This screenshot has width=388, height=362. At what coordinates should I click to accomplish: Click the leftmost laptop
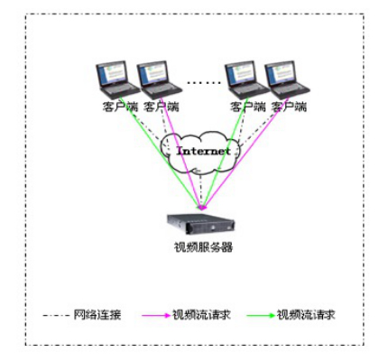pyautogui.click(x=117, y=79)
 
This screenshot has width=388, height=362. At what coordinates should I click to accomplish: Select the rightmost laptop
pyautogui.click(x=287, y=79)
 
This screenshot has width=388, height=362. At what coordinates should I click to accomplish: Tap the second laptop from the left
pyautogui.click(x=159, y=79)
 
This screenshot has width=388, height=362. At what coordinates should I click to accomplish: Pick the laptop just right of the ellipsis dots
pyautogui.click(x=246, y=79)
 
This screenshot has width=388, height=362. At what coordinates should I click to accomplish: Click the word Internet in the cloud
pyautogui.click(x=203, y=151)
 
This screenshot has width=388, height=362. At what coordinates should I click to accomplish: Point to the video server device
pyautogui.click(x=201, y=224)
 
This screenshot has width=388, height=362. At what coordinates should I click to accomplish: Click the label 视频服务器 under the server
pyautogui.click(x=203, y=247)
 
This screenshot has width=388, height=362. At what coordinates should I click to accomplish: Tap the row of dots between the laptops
pyautogui.click(x=204, y=82)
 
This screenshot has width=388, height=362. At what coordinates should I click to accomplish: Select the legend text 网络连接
pyautogui.click(x=97, y=315)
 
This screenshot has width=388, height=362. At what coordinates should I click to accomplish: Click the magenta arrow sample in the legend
pyautogui.click(x=156, y=315)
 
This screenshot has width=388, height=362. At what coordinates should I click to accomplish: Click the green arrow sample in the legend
pyautogui.click(x=261, y=315)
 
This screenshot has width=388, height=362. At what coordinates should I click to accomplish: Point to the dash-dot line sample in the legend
pyautogui.click(x=56, y=316)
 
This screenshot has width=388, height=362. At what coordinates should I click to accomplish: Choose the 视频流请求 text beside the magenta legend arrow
pyautogui.click(x=201, y=315)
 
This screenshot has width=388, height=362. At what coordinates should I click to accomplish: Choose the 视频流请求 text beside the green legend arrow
pyautogui.click(x=306, y=315)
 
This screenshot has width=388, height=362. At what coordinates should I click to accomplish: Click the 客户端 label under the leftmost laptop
pyautogui.click(x=120, y=107)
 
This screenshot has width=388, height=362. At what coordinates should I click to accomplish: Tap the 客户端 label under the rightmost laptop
pyautogui.click(x=289, y=107)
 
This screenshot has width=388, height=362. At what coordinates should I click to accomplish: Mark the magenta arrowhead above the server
pyautogui.click(x=203, y=208)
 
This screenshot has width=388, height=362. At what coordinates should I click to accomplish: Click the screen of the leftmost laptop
pyautogui.click(x=112, y=73)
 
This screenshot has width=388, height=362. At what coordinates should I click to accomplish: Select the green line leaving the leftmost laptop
pyautogui.click(x=160, y=153)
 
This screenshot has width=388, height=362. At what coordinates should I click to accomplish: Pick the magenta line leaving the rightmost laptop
pyautogui.click(x=246, y=153)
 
